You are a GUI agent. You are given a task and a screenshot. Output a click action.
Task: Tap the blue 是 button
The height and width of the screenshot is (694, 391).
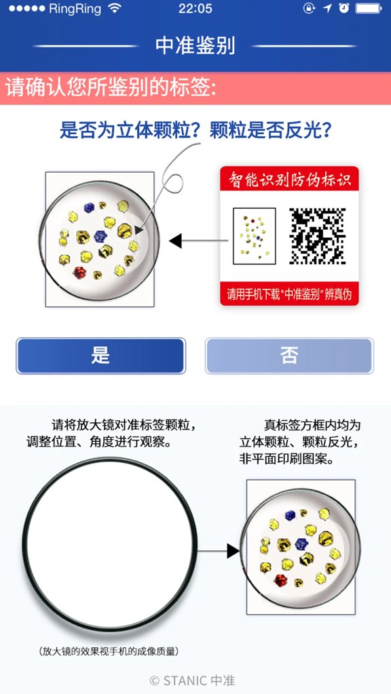(x=100, y=356)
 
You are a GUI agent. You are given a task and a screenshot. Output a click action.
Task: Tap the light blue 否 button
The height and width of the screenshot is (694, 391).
(x=289, y=356)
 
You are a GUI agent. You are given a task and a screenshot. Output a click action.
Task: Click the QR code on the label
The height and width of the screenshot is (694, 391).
(x=318, y=236)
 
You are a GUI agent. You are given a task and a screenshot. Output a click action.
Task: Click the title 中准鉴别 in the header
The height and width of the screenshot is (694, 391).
(x=195, y=45)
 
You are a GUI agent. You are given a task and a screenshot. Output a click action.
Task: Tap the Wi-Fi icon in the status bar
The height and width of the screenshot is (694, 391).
(x=115, y=9)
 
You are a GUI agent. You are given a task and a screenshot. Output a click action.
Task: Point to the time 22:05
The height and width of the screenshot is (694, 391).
(x=195, y=9)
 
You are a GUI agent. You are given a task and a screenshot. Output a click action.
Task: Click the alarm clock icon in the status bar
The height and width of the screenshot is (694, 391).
(x=343, y=9)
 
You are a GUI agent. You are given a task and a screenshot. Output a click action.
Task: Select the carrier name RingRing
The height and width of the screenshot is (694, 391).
(x=75, y=9)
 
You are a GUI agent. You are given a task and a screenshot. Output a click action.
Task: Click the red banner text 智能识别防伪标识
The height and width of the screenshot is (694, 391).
(x=289, y=180)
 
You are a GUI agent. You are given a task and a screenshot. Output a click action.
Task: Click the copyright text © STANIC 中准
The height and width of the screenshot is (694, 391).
(x=192, y=680)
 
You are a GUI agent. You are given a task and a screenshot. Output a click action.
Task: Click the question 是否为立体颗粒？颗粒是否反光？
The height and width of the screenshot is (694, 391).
(x=195, y=129)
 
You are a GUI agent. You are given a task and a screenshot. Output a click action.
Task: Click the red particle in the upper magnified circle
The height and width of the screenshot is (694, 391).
(x=79, y=272)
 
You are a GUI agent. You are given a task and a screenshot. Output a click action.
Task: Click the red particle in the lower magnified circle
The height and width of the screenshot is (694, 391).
(x=282, y=580)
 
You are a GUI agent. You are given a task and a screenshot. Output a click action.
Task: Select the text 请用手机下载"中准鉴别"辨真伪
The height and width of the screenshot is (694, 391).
(x=289, y=295)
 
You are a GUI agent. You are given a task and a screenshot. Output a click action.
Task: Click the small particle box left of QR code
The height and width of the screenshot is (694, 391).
(x=254, y=235)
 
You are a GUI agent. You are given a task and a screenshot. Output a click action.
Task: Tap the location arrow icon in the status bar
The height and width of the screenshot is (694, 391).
(x=327, y=9)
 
